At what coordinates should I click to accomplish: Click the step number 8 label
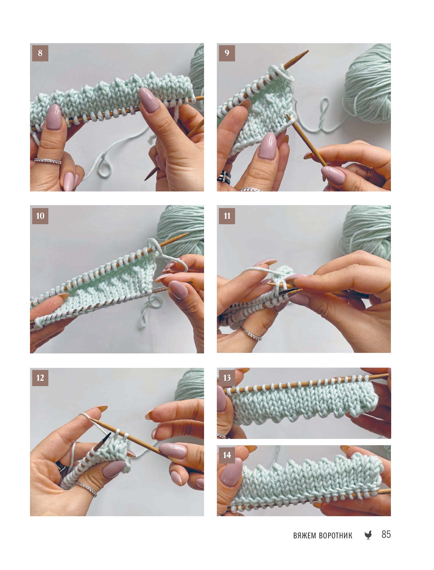point(40,53)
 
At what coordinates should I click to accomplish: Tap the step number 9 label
point(227,53)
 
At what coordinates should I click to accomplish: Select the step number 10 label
point(40,216)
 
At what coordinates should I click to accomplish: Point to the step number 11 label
point(227,216)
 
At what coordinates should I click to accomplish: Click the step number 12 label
point(40,378)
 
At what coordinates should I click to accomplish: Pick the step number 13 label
point(227,378)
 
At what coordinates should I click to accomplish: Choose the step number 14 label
point(227,455)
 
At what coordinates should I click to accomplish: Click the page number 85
point(386,534)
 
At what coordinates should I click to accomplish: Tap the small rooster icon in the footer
point(368,535)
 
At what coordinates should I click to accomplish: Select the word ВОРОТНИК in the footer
point(336,536)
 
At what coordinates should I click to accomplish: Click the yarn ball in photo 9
point(368,83)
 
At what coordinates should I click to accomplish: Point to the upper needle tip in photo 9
point(308,51)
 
